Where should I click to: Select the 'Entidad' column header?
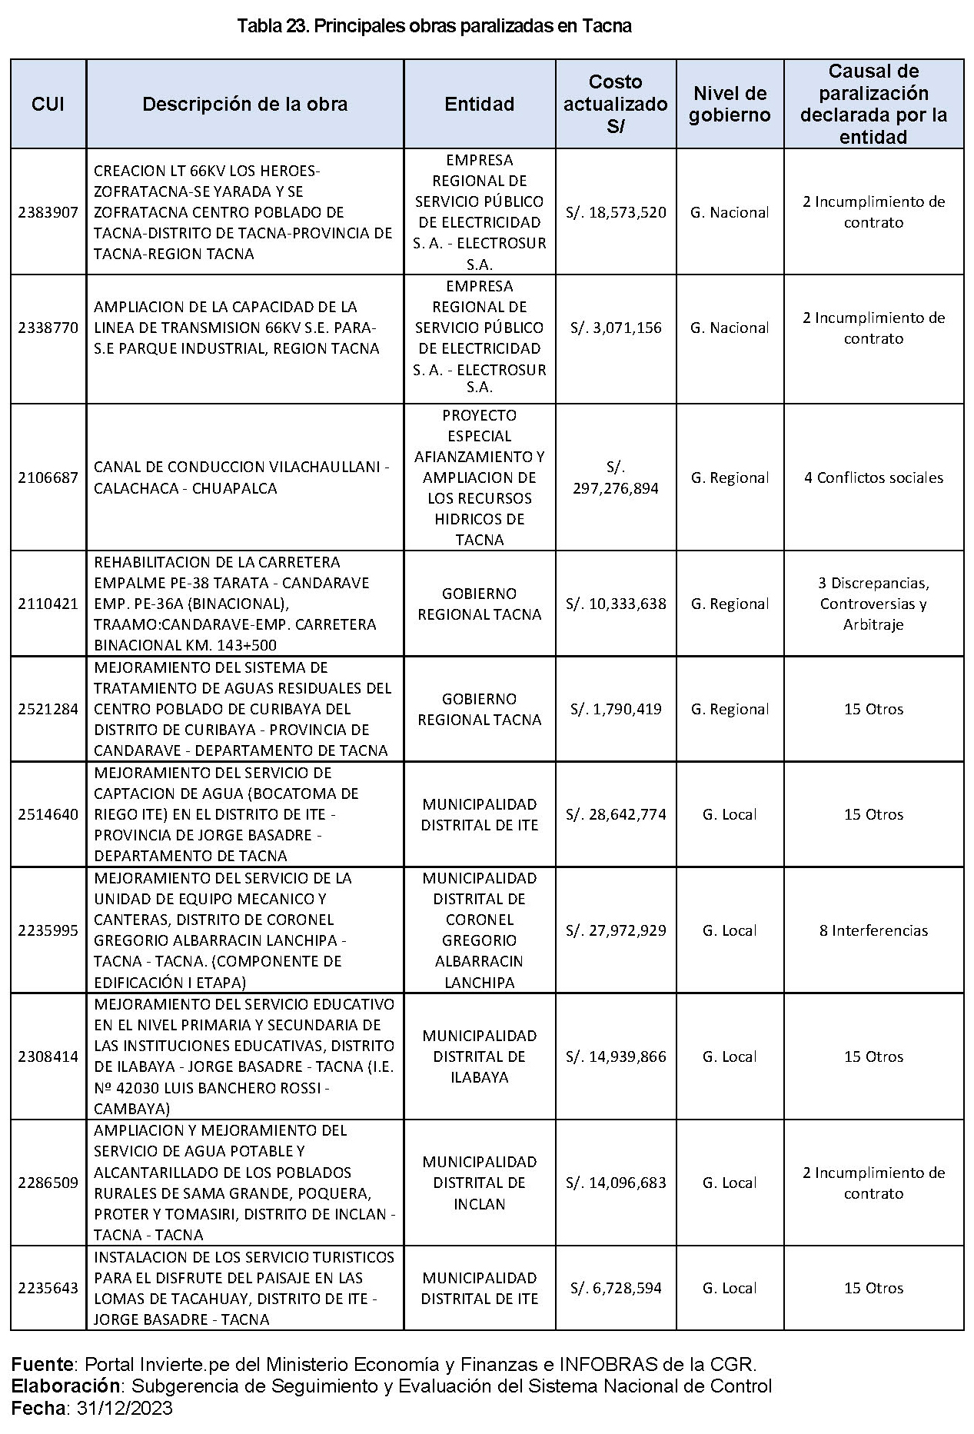[x=479, y=104]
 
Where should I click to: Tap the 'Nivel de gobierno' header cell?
[x=730, y=104]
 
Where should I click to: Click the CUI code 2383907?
[x=48, y=212]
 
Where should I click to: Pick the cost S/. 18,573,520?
[x=616, y=212]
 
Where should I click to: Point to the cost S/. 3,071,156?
[x=616, y=328]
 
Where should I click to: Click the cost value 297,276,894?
[x=616, y=488]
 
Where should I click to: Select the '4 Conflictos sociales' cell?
[x=873, y=477]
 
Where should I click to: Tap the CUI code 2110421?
[x=48, y=604]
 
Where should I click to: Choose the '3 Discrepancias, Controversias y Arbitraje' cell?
[x=873, y=604]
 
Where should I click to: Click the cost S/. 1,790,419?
[x=616, y=709]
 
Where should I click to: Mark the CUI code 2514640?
[x=48, y=814]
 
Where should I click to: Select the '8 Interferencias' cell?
[x=873, y=930]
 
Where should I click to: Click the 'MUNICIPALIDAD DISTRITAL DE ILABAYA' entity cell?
[x=479, y=1056]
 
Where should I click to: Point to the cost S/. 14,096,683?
[x=616, y=1183]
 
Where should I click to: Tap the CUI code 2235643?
[x=48, y=1288]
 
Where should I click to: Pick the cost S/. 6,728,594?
[x=616, y=1288]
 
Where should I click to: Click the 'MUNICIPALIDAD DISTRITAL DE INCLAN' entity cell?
[x=479, y=1183]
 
